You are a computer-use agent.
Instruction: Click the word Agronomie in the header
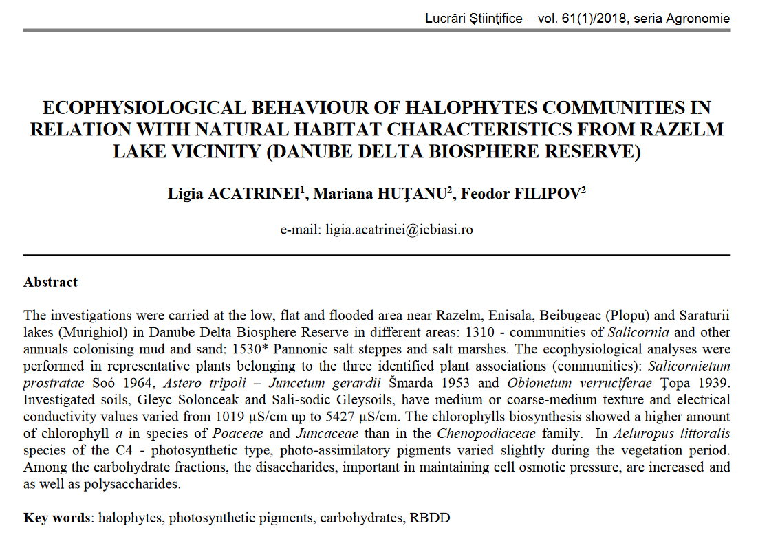coord(700,19)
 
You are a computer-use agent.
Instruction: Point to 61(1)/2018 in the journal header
coord(588,19)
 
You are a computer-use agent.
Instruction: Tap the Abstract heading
coord(51,282)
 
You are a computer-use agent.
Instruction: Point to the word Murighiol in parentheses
coord(93,332)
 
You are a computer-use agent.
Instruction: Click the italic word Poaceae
coord(236,433)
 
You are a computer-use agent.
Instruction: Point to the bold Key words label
coord(57,518)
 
